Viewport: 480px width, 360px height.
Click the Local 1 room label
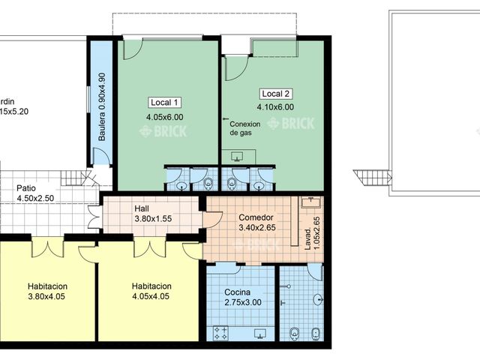click(164, 103)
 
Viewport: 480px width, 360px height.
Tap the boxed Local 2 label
click(275, 94)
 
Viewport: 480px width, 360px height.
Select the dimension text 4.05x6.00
click(164, 117)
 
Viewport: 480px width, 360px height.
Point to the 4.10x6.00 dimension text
click(275, 107)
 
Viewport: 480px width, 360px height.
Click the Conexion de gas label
click(244, 128)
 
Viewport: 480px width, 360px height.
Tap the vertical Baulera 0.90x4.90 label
click(102, 106)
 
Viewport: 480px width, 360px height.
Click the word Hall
click(143, 208)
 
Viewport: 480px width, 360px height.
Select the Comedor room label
click(256, 217)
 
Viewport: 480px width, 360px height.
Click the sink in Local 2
click(238, 157)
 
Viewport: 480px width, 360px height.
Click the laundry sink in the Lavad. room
click(311, 202)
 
